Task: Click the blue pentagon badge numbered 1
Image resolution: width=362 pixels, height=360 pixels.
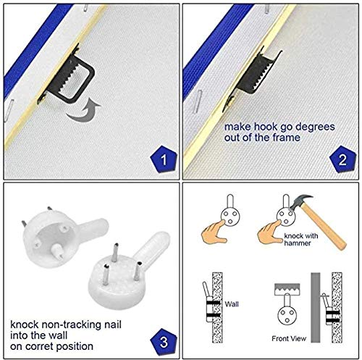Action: [x=164, y=159]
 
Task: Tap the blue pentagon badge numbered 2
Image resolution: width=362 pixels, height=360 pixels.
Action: [x=342, y=159]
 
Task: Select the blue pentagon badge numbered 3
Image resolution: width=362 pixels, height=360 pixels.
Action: [x=164, y=341]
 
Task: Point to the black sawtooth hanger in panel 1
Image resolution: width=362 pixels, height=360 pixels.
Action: [x=70, y=78]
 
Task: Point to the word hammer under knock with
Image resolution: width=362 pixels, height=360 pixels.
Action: [x=298, y=243]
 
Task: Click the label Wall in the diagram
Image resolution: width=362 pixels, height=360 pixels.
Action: [x=232, y=304]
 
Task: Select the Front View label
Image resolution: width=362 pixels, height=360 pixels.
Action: [x=289, y=338]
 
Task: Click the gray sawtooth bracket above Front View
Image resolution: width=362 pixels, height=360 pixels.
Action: [x=287, y=289]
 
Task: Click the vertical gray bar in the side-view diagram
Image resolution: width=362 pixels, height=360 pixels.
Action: [x=316, y=307]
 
